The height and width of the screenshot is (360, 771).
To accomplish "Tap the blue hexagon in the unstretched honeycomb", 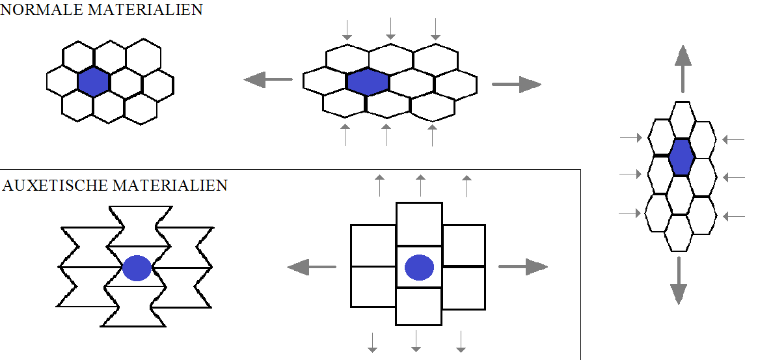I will [93, 82].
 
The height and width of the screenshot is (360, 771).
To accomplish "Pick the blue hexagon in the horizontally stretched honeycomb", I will [368, 81].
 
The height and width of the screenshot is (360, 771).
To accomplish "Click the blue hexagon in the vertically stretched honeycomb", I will [681, 157].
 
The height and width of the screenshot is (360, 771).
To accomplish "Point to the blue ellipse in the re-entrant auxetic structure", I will [137, 268].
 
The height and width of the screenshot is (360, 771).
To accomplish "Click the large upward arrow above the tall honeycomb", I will [682, 69].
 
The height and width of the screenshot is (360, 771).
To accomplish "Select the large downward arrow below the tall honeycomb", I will [679, 281].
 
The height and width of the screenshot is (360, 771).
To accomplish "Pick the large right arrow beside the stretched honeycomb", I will [517, 84].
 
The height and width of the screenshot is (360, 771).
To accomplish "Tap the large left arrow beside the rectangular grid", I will [312, 266].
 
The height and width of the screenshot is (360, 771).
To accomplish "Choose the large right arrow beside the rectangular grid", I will [523, 267].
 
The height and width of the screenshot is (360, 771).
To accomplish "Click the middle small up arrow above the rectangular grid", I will [420, 186].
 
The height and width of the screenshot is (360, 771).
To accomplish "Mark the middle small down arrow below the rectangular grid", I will [416, 341].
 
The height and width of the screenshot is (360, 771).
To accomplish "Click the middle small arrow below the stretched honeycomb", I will [386, 134].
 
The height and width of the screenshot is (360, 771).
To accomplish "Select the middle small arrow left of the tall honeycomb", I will [631, 174].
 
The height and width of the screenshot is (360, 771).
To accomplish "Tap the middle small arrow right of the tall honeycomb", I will [733, 177].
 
